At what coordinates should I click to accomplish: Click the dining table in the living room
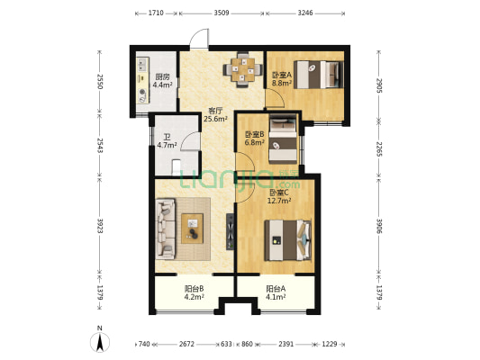point(243,70)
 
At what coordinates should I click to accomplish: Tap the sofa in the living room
point(166,229)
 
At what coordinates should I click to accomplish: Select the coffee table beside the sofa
point(192,229)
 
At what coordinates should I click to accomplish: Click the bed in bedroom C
point(288,239)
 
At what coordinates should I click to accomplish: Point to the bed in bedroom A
point(319,75)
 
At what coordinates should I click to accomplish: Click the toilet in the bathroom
point(176,167)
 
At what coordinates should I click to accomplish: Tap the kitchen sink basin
point(142,65)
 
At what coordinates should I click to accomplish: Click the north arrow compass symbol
point(100,342)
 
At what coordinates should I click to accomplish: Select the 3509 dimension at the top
point(222,13)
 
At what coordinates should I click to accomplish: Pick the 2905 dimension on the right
point(379,85)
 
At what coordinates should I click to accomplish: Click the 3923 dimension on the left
point(99,225)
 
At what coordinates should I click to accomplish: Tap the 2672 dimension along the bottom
point(186,344)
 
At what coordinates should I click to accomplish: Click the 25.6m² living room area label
point(215,119)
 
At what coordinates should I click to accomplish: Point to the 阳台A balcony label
point(276,288)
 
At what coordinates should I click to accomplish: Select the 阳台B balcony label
point(195,288)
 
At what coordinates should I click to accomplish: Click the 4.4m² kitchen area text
point(162,85)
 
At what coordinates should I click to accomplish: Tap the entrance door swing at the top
point(200,38)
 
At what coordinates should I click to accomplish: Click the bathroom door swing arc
point(190,141)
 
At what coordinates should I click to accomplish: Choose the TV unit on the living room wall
point(231,231)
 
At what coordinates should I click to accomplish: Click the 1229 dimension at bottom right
point(330,344)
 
